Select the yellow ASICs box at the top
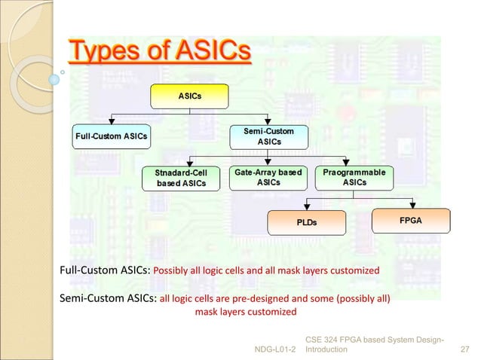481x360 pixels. pos(188,96)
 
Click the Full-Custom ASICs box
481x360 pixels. pos(111,136)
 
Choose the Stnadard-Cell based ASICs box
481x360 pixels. pos(181,178)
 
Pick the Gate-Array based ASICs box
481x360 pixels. pos(268,178)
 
